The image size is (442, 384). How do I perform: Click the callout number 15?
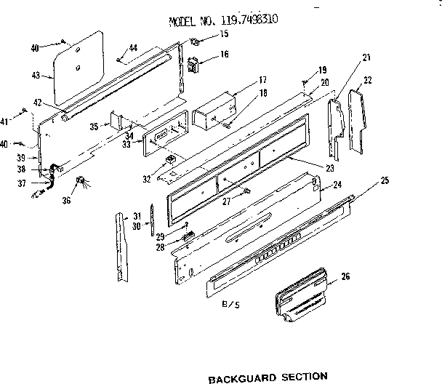pyautogui.click(x=224, y=34)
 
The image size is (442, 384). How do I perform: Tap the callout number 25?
pyautogui.click(x=385, y=180)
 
